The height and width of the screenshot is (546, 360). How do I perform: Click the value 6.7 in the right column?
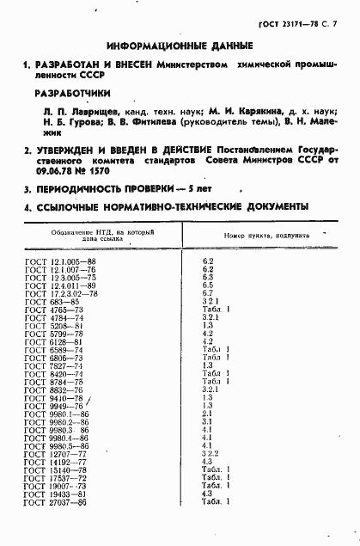tap(207, 293)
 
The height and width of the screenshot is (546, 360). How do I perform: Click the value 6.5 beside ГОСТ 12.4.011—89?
tap(207, 285)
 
